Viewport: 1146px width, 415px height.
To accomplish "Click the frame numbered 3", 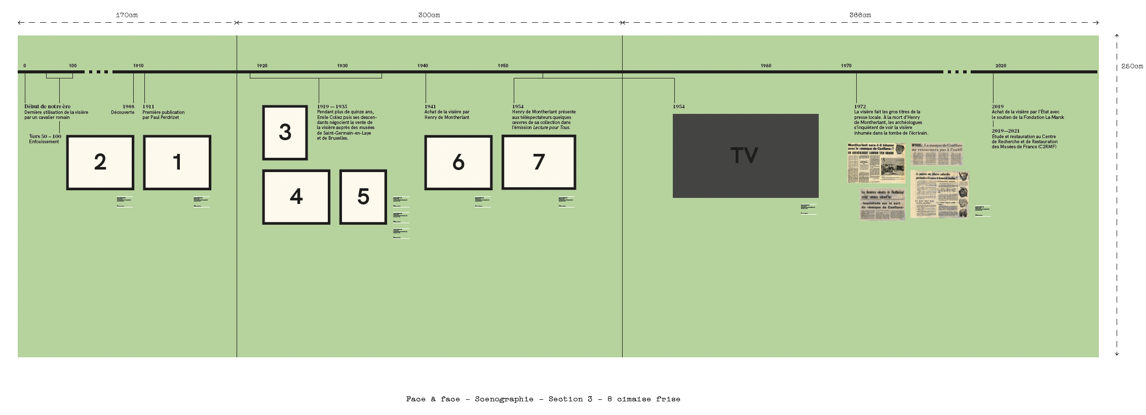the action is tap(285, 133).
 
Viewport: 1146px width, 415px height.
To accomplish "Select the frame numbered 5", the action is tap(363, 197).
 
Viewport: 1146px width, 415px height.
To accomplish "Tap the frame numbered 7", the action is tap(539, 162).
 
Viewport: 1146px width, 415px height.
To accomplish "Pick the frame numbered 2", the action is tap(100, 162).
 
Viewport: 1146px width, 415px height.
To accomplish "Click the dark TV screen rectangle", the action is tap(745, 155).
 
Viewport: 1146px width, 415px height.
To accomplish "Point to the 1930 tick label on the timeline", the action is tap(342, 66).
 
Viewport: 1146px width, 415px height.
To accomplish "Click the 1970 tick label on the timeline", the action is tap(846, 66).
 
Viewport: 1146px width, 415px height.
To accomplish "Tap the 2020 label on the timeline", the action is tap(1001, 66).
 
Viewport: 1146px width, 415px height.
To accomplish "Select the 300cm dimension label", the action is tap(429, 15).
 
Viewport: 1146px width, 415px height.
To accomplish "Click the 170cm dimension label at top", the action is tap(127, 15).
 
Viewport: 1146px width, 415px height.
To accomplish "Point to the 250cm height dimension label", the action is tap(1132, 66).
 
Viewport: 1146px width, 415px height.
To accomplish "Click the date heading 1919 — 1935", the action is tap(332, 107).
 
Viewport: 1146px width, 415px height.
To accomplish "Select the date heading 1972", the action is tap(860, 107).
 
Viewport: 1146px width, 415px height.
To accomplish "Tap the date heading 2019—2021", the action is tap(1006, 131).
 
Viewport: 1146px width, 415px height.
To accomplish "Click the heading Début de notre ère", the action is tap(48, 107).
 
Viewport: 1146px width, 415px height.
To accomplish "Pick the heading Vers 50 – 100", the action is tap(45, 137).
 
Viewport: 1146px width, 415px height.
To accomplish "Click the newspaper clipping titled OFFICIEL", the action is tap(937, 154).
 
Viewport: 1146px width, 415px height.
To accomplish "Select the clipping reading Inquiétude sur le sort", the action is tap(882, 204).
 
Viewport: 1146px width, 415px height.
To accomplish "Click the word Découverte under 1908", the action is tap(123, 112).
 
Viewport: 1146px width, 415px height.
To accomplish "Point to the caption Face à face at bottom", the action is tap(543, 399).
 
